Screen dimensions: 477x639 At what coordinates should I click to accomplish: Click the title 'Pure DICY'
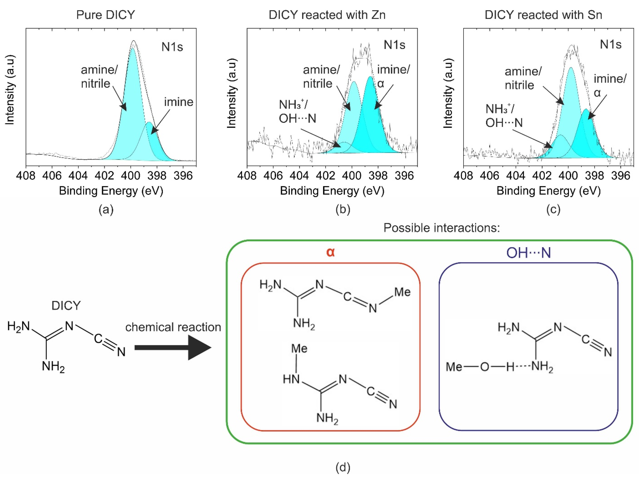click(x=105, y=15)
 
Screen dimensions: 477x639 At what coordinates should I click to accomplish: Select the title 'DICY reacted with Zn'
click(x=327, y=15)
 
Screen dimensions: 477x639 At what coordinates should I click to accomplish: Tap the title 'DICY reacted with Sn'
click(x=543, y=15)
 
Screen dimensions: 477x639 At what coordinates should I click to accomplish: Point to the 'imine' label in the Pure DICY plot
click(x=179, y=102)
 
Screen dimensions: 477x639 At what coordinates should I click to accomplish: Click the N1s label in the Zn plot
click(x=394, y=45)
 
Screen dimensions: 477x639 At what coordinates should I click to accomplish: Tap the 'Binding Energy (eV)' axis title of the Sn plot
click(x=548, y=191)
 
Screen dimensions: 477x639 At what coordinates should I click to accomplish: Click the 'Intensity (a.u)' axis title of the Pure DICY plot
click(x=10, y=90)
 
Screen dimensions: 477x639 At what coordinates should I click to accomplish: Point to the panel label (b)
click(x=343, y=209)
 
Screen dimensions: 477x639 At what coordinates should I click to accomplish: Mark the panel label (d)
click(x=343, y=467)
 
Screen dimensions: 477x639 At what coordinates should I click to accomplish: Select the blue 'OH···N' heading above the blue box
click(x=529, y=253)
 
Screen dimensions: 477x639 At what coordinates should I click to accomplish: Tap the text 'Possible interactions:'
click(x=441, y=228)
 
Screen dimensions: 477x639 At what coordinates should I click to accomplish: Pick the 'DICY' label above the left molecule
click(x=66, y=305)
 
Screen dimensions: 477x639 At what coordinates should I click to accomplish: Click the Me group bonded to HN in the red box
click(x=299, y=348)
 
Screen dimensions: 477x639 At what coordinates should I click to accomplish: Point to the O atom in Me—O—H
click(x=485, y=367)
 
